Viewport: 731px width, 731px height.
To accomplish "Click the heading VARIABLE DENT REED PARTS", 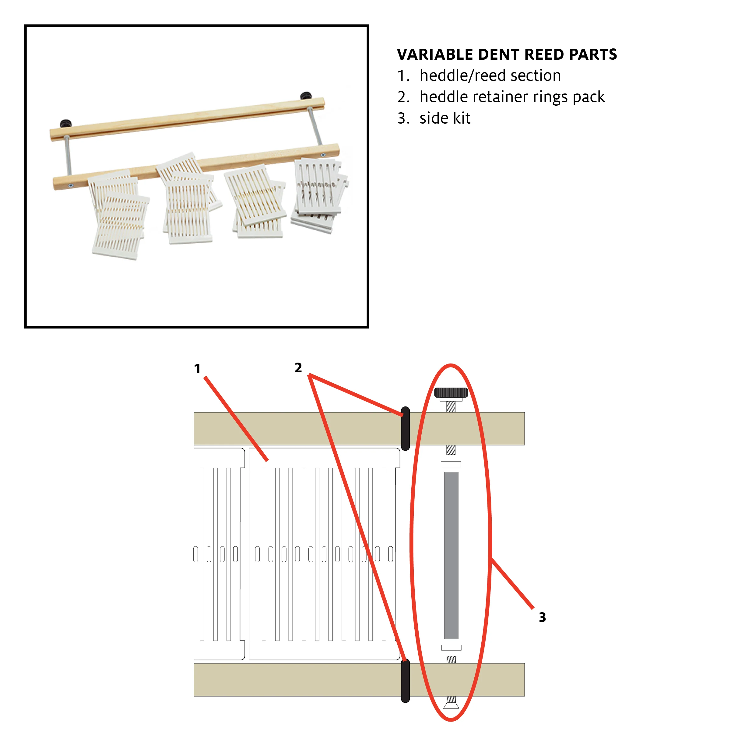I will [x=507, y=54].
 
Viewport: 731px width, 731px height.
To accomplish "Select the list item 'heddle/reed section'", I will [x=490, y=76].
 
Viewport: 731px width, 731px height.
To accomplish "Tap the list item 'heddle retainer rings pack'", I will [x=512, y=97].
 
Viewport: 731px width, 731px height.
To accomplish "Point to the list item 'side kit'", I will [x=445, y=118].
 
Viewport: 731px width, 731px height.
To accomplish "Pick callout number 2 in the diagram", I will [x=298, y=368].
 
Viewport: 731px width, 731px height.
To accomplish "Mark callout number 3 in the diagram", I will [x=542, y=617].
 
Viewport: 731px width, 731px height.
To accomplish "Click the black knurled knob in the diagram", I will [x=451, y=392].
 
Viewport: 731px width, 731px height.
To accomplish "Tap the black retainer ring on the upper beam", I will [x=405, y=428].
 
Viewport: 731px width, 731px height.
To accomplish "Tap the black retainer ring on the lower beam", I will [x=405, y=681].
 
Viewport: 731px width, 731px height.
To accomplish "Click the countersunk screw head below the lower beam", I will [x=451, y=706].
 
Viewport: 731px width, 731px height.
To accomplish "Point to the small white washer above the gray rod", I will [x=451, y=464].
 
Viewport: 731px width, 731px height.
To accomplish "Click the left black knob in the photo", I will [x=66, y=123].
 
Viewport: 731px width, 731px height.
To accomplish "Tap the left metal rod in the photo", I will [x=68, y=155].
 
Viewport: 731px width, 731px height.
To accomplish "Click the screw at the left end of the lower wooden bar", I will [x=71, y=185].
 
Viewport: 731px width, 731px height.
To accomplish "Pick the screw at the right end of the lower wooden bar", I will [x=323, y=155].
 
